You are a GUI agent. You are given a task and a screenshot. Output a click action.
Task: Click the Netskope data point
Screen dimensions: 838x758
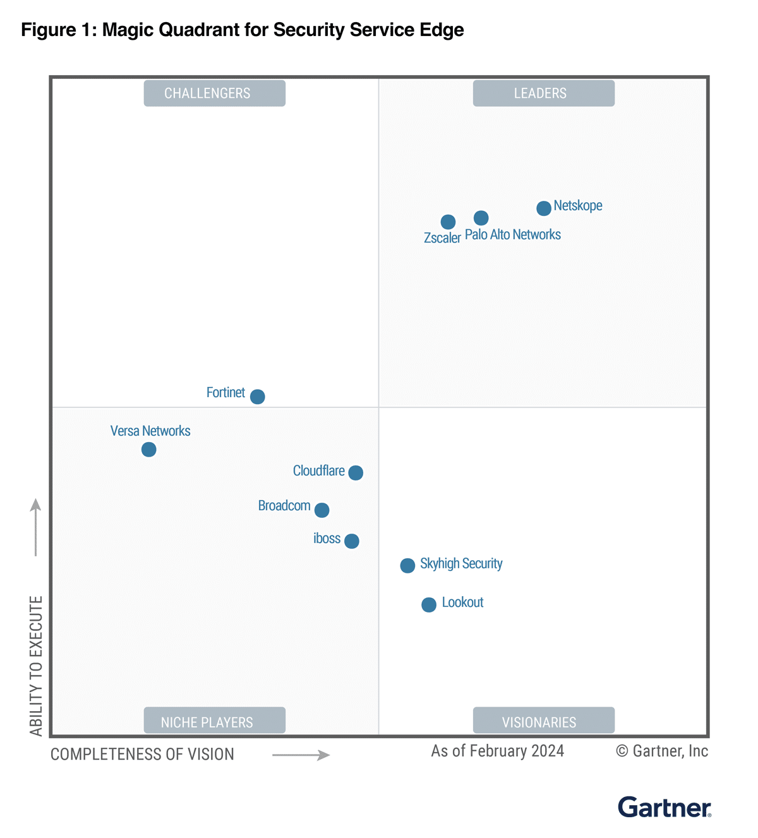tap(543, 208)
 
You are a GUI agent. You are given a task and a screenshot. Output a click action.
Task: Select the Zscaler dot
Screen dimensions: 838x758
tap(448, 222)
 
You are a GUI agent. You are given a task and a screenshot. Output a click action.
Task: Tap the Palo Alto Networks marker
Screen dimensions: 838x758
tap(481, 218)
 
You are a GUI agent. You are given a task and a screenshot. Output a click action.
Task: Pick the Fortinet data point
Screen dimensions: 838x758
tap(257, 397)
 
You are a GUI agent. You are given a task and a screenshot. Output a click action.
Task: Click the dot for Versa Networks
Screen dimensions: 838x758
tap(148, 450)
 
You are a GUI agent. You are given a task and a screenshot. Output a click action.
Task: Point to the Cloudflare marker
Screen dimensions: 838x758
tap(356, 472)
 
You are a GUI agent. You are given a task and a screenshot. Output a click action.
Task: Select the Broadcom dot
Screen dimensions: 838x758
tap(322, 510)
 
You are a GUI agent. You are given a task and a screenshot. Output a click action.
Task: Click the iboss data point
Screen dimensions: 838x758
tap(352, 541)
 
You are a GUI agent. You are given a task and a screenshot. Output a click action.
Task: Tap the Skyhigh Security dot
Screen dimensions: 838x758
tap(407, 565)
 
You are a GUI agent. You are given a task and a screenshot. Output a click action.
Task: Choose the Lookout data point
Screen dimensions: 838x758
tap(429, 604)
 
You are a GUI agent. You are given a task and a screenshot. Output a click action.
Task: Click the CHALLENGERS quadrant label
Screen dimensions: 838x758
tap(214, 93)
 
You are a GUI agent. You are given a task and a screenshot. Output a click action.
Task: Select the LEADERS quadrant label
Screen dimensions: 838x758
tap(543, 93)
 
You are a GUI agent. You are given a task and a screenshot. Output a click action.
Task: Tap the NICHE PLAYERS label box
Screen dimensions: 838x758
tap(214, 721)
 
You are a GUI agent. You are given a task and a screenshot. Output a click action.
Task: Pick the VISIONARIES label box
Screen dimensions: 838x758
tap(543, 721)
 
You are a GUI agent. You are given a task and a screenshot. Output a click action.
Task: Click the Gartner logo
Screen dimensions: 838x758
tap(664, 808)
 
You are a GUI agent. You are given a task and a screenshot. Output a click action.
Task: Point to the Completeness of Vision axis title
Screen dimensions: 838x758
tap(142, 754)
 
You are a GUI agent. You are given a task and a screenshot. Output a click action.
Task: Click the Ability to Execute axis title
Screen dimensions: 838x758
tap(36, 666)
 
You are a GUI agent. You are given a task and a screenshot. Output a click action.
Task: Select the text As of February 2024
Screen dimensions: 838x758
tap(497, 751)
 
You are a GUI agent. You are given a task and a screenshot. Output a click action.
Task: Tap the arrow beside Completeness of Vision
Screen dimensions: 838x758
tap(301, 755)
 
